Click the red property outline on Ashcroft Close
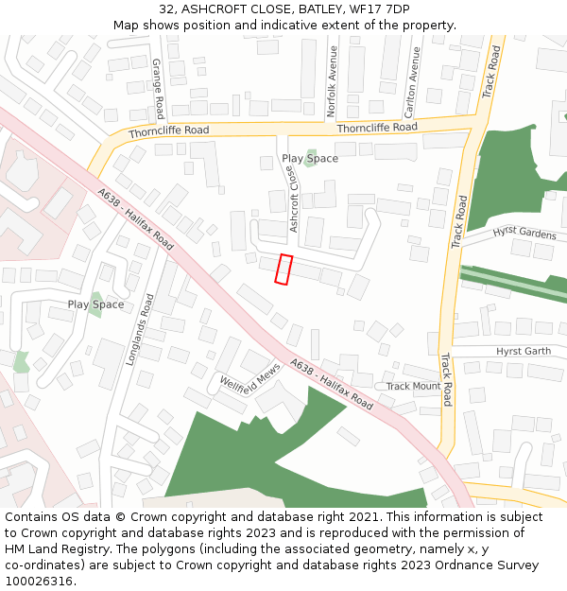pos(283,269)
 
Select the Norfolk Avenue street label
pos(332,81)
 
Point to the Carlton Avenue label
pos(412,80)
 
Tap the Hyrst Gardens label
pos(524,233)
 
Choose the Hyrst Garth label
pos(523,351)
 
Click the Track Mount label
pos(413,386)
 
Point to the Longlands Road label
pos(138,330)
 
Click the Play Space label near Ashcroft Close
pos(310,159)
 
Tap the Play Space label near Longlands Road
pos(95,304)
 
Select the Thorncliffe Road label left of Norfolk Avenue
pos(170,130)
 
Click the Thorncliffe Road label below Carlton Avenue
pos(376,127)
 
